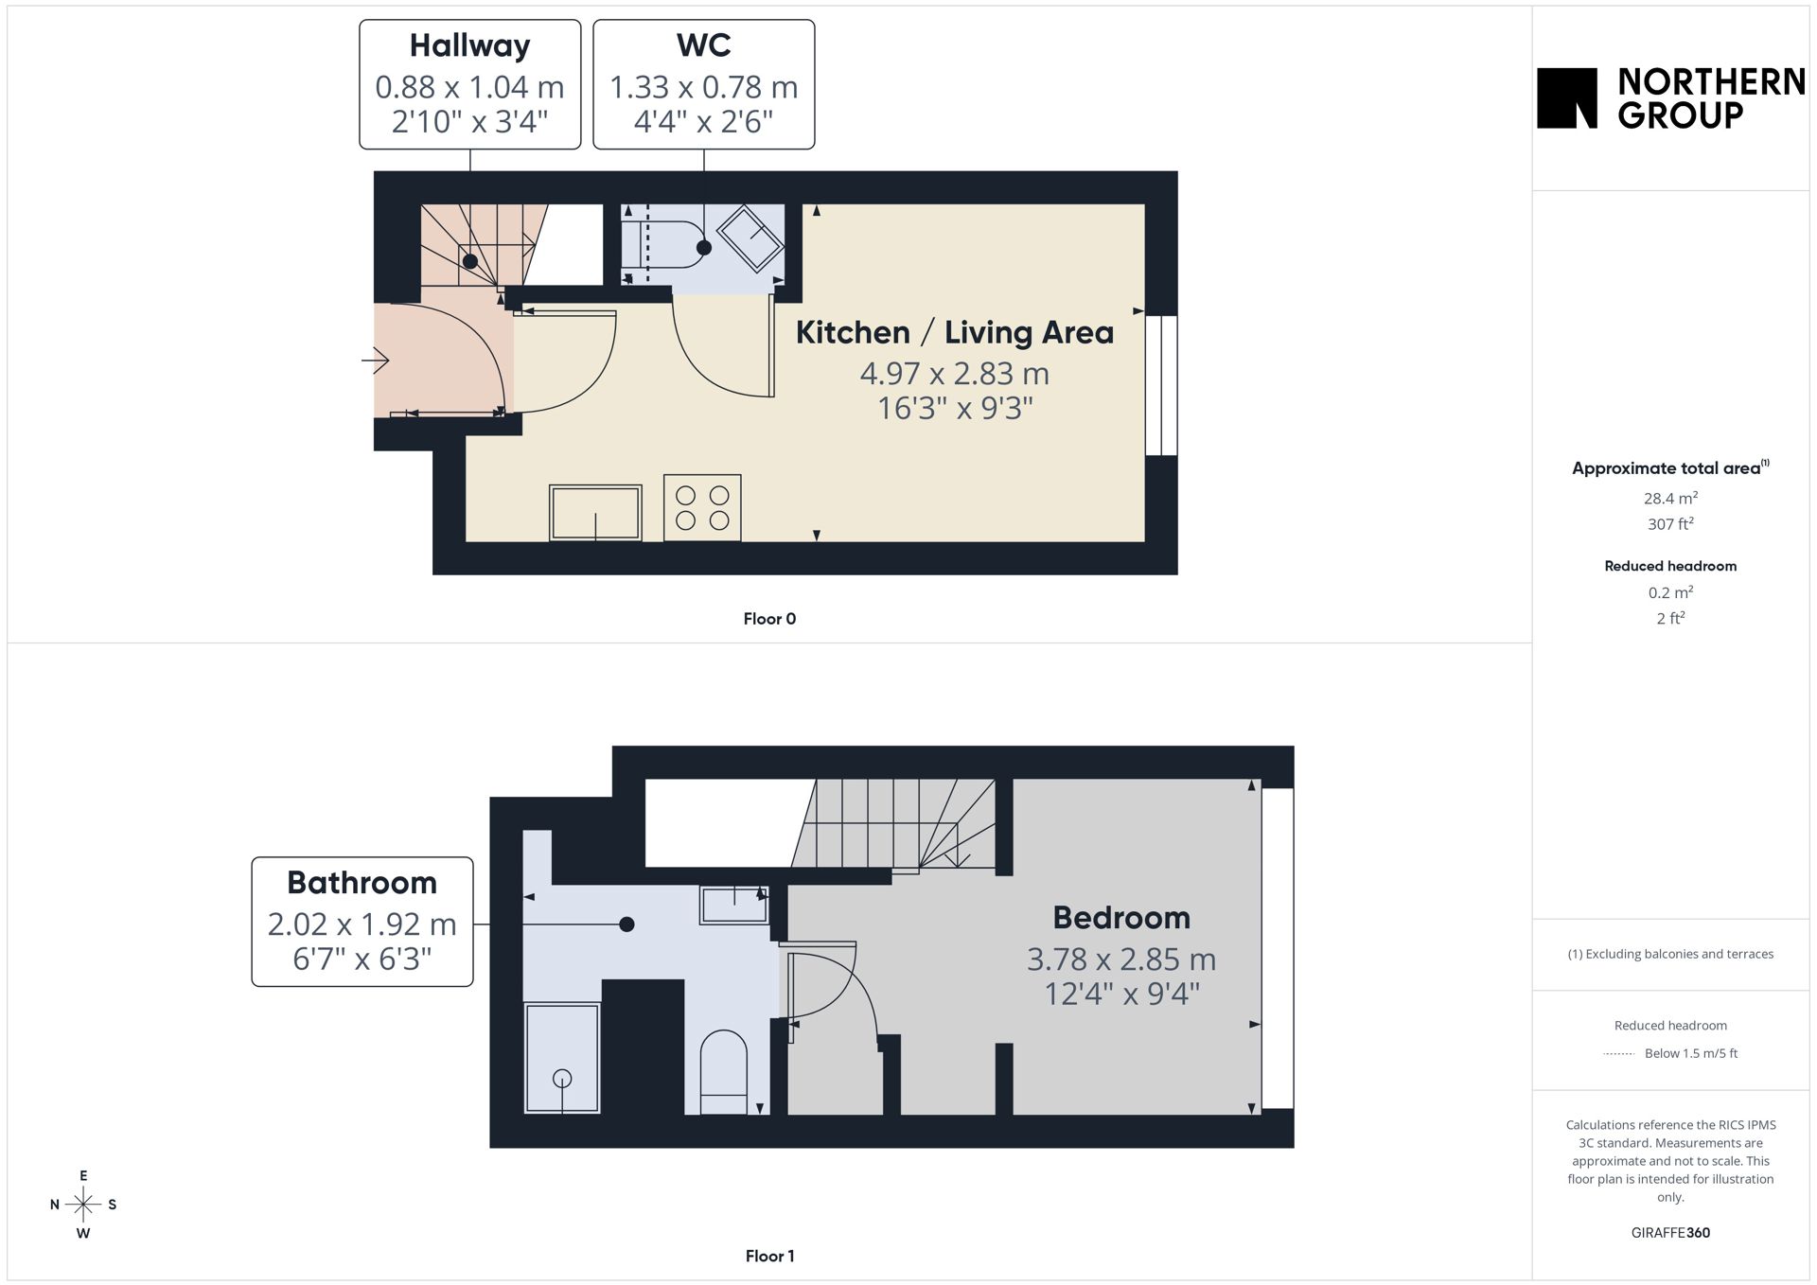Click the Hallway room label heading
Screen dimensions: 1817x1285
tap(469, 45)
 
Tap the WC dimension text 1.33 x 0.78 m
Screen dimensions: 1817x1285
tap(703, 87)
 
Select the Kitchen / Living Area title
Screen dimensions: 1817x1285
tap(954, 332)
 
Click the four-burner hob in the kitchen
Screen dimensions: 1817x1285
tap(702, 508)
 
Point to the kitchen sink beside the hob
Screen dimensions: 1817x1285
tap(595, 513)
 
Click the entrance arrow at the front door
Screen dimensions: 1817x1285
tap(376, 361)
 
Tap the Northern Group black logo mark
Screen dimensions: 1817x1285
tap(1567, 97)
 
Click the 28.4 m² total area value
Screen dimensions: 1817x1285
tap(1670, 498)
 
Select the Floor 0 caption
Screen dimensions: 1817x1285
tap(769, 619)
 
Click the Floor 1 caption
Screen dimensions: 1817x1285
tap(769, 1256)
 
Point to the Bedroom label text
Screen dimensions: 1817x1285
tap(1121, 918)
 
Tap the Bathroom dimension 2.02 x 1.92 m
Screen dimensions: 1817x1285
tap(362, 924)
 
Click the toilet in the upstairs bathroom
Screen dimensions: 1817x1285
tap(723, 1072)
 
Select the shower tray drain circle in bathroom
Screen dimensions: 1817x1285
tap(562, 1078)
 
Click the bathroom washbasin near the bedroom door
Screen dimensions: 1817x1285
tap(733, 905)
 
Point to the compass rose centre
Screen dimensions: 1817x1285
tap(83, 1205)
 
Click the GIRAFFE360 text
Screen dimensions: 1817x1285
tap(1670, 1232)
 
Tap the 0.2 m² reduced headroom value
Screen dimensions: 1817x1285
tap(1670, 592)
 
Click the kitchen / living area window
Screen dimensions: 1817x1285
tap(1161, 385)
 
